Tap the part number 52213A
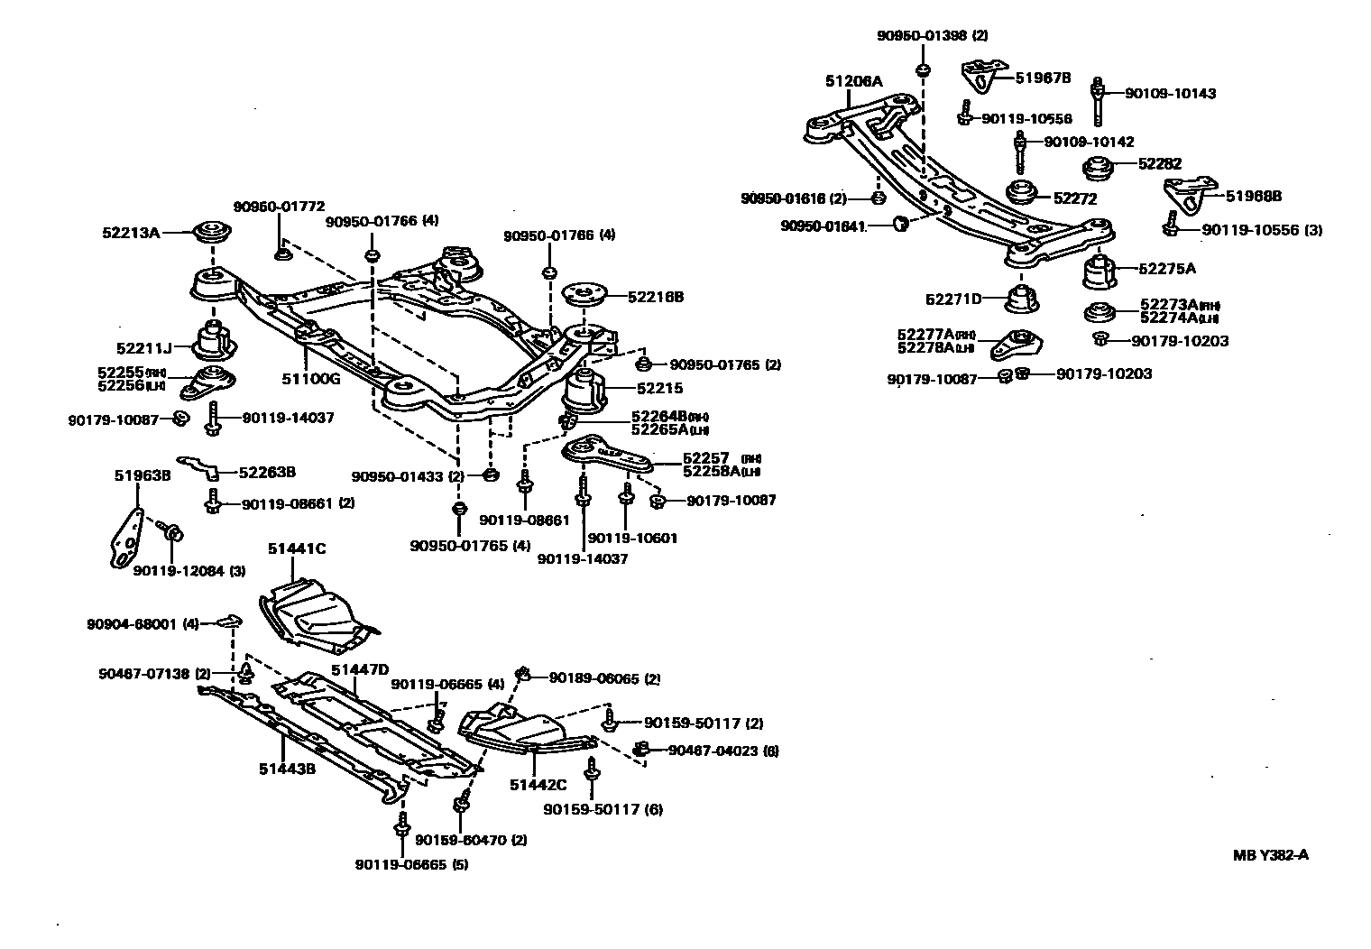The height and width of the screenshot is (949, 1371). [x=130, y=233]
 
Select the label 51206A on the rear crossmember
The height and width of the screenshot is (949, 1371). [x=854, y=81]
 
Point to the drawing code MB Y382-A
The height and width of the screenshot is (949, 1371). [x=1271, y=855]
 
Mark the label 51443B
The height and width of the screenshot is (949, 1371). [x=287, y=769]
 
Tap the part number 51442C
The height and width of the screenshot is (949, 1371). [x=538, y=785]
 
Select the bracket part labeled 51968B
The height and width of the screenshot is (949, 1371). [x=1184, y=195]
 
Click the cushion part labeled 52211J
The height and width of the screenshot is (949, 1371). [x=215, y=340]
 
